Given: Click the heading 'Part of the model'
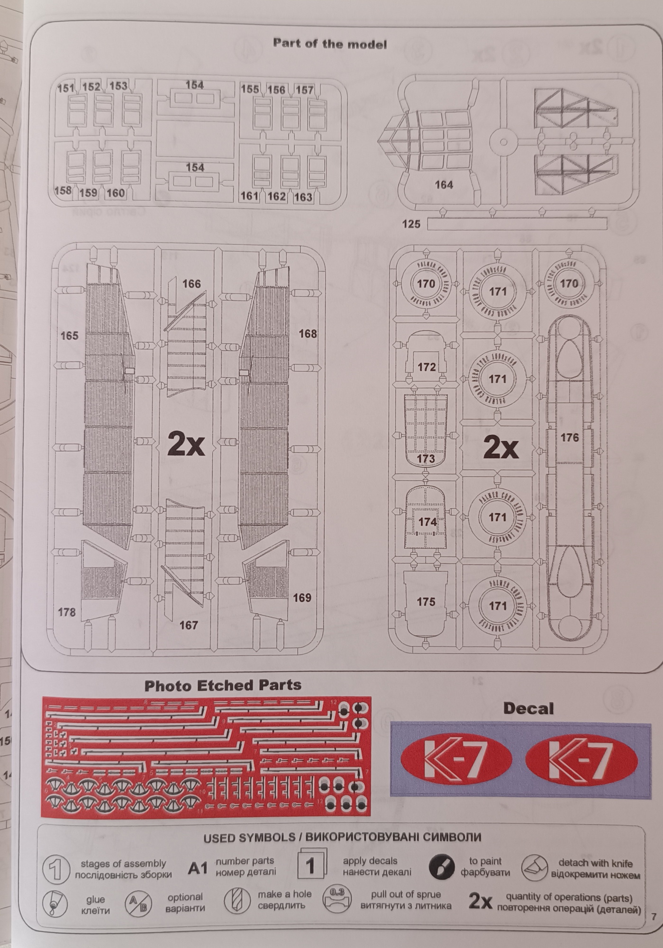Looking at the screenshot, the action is pyautogui.click(x=329, y=44).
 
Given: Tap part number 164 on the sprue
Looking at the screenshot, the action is pyautogui.click(x=444, y=185).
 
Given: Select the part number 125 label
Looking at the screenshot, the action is pyautogui.click(x=411, y=224).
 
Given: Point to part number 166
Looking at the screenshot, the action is pyautogui.click(x=191, y=284).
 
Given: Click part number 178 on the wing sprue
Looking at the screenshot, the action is pyautogui.click(x=66, y=612).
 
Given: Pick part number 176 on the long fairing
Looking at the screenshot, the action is pyautogui.click(x=569, y=438).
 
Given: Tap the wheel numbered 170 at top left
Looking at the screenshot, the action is pyautogui.click(x=426, y=284).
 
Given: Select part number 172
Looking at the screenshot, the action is pyautogui.click(x=427, y=367).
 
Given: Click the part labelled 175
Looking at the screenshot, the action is pyautogui.click(x=426, y=602).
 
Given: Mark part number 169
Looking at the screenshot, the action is pyautogui.click(x=302, y=598).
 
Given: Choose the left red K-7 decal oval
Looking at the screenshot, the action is pyautogui.click(x=456, y=760).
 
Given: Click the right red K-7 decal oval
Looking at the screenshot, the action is pyautogui.click(x=581, y=760).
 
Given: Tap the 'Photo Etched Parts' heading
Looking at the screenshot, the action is pyautogui.click(x=223, y=686).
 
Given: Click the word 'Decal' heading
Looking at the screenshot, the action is pyautogui.click(x=528, y=709).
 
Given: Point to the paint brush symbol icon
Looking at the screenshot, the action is pyautogui.click(x=441, y=867).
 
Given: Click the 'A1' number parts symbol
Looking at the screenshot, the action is pyautogui.click(x=198, y=868).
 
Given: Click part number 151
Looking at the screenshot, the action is pyautogui.click(x=66, y=88).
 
